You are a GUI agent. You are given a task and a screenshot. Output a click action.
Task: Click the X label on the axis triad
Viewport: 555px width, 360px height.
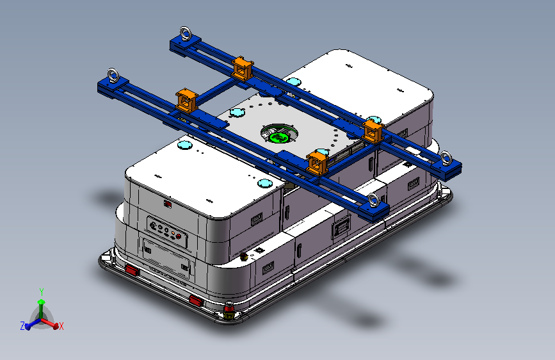pyautogui.click(x=61, y=326)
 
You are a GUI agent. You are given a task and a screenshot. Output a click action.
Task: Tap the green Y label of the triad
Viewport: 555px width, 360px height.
pyautogui.click(x=42, y=292)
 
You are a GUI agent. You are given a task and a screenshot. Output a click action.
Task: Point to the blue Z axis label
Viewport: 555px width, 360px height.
pyautogui.click(x=22, y=326)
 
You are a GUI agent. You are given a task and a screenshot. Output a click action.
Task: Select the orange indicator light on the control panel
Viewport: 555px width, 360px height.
pyautogui.click(x=173, y=233)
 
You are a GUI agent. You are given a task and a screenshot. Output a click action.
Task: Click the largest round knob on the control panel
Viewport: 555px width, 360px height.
pyautogui.click(x=153, y=225)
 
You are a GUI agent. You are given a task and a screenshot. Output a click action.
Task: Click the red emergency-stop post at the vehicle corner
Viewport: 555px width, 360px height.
pyautogui.click(x=229, y=311)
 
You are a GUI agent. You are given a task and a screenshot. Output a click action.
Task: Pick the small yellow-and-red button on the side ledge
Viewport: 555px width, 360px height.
pyautogui.click(x=243, y=256)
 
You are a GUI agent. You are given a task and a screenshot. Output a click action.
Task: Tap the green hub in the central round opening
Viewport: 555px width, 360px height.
pyautogui.click(x=279, y=136)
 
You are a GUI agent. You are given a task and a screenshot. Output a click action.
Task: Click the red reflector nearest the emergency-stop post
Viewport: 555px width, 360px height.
pyautogui.click(x=195, y=301)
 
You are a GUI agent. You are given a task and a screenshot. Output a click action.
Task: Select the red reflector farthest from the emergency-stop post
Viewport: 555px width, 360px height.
pyautogui.click(x=132, y=271)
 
